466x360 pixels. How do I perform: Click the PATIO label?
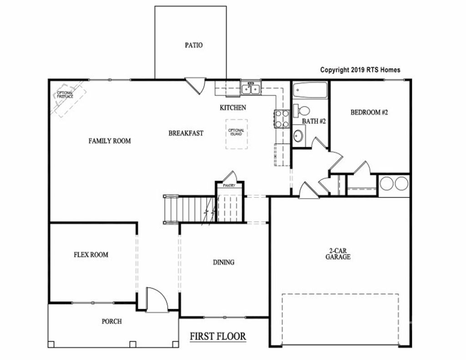click(193, 45)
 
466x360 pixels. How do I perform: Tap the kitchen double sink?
click(250, 88)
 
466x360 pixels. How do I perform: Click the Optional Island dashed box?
click(237, 134)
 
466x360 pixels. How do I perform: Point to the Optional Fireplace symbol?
click(66, 98)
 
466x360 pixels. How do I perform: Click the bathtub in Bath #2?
click(310, 91)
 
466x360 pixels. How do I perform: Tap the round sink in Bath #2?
click(298, 136)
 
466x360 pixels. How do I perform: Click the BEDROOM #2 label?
click(369, 112)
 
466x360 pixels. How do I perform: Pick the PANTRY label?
click(228, 186)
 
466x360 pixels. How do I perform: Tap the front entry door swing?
click(157, 299)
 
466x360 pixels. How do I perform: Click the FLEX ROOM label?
click(91, 254)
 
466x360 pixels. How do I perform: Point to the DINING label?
click(223, 262)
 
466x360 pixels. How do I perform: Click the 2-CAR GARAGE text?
click(338, 254)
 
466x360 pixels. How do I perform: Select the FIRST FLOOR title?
click(218, 336)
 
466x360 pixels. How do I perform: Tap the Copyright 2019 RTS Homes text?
click(360, 70)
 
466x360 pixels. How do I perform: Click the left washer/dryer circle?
click(387, 183)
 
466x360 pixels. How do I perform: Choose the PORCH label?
click(111, 321)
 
